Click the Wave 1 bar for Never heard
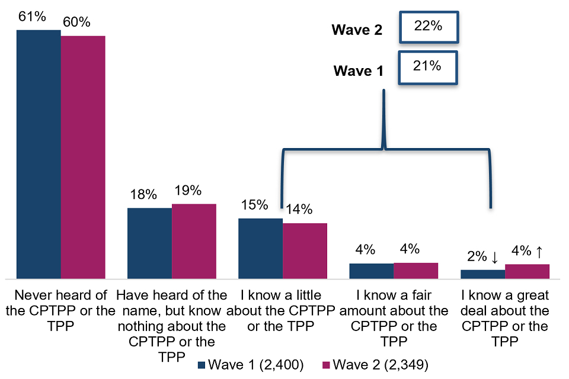[x=39, y=154]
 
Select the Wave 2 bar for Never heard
[x=83, y=157]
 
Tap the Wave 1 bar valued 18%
[x=149, y=243]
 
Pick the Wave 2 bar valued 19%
[x=194, y=241]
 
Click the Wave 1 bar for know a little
[x=260, y=248]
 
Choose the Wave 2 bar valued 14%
[x=305, y=250]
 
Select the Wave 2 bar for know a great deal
[x=527, y=271]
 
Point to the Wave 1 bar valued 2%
[x=482, y=274]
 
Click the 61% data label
[x=32, y=17]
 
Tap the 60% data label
[x=76, y=23]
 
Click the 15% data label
[x=255, y=205]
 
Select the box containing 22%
[x=429, y=27]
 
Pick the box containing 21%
[x=429, y=68]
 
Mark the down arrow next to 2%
[x=494, y=256]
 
